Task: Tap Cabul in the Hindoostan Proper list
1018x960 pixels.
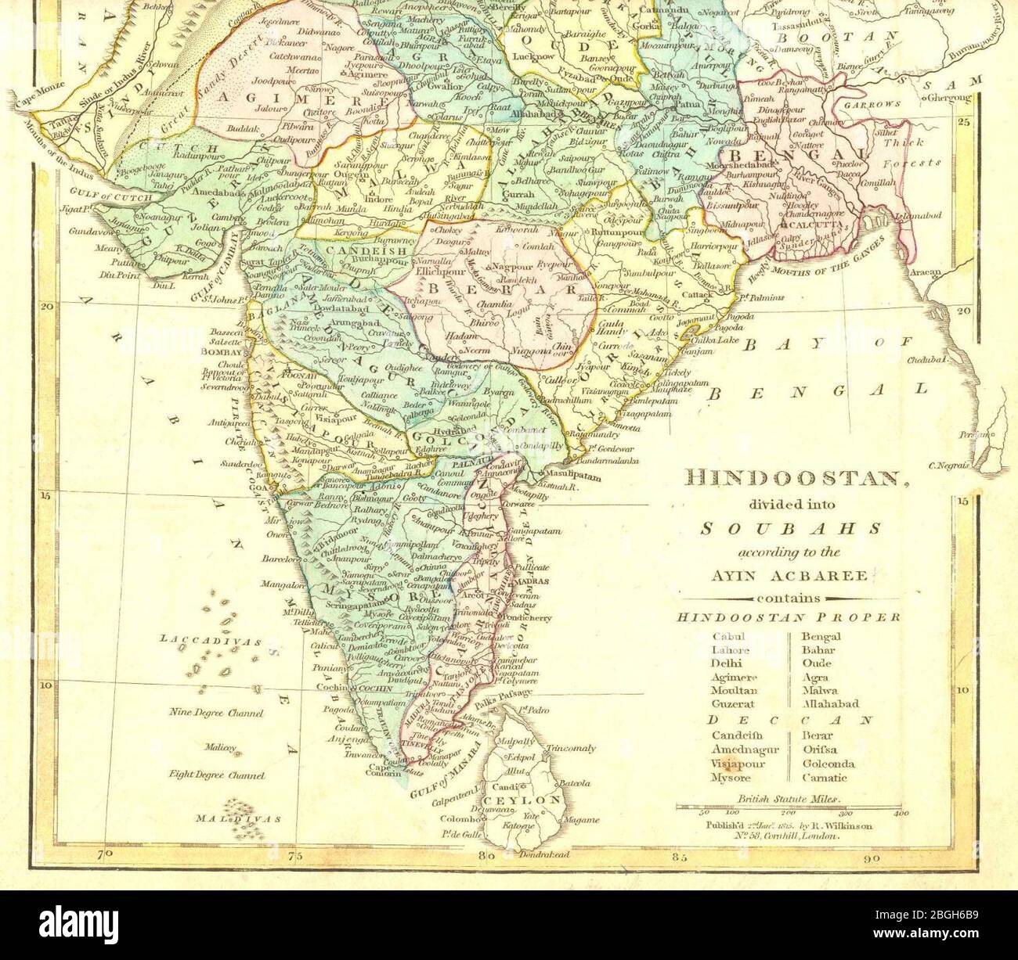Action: tap(726, 636)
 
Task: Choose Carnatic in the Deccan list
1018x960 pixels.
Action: tap(824, 778)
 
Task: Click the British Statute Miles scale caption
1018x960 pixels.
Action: tap(788, 800)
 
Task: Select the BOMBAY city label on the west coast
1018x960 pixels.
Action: tap(223, 353)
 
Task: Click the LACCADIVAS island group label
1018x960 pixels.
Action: tap(211, 640)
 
